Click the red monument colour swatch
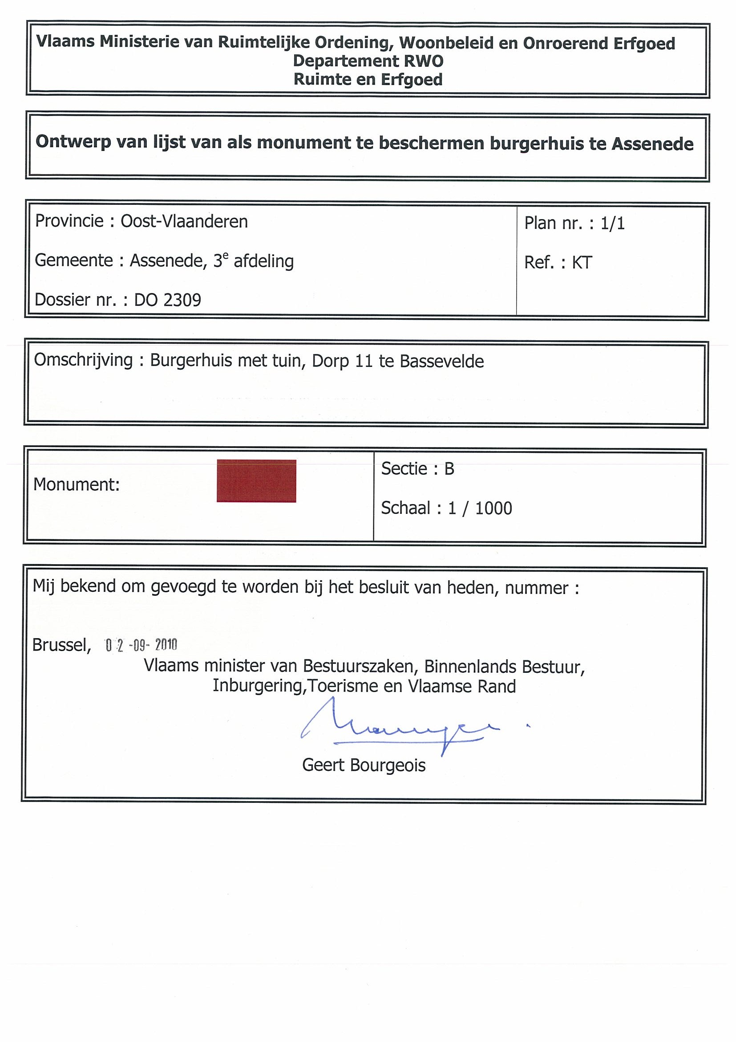pos(256,480)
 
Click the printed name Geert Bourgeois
pos(364,765)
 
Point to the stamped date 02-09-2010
pos(141,645)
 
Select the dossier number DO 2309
pos(167,300)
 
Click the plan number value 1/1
pos(612,223)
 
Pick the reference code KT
pos(582,263)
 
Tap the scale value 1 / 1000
pos(480,508)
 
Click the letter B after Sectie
pos(449,469)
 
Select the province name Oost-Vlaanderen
pos(184,221)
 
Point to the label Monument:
pos(76,484)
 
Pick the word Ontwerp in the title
pos(73,142)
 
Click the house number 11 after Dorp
pos(364,361)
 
